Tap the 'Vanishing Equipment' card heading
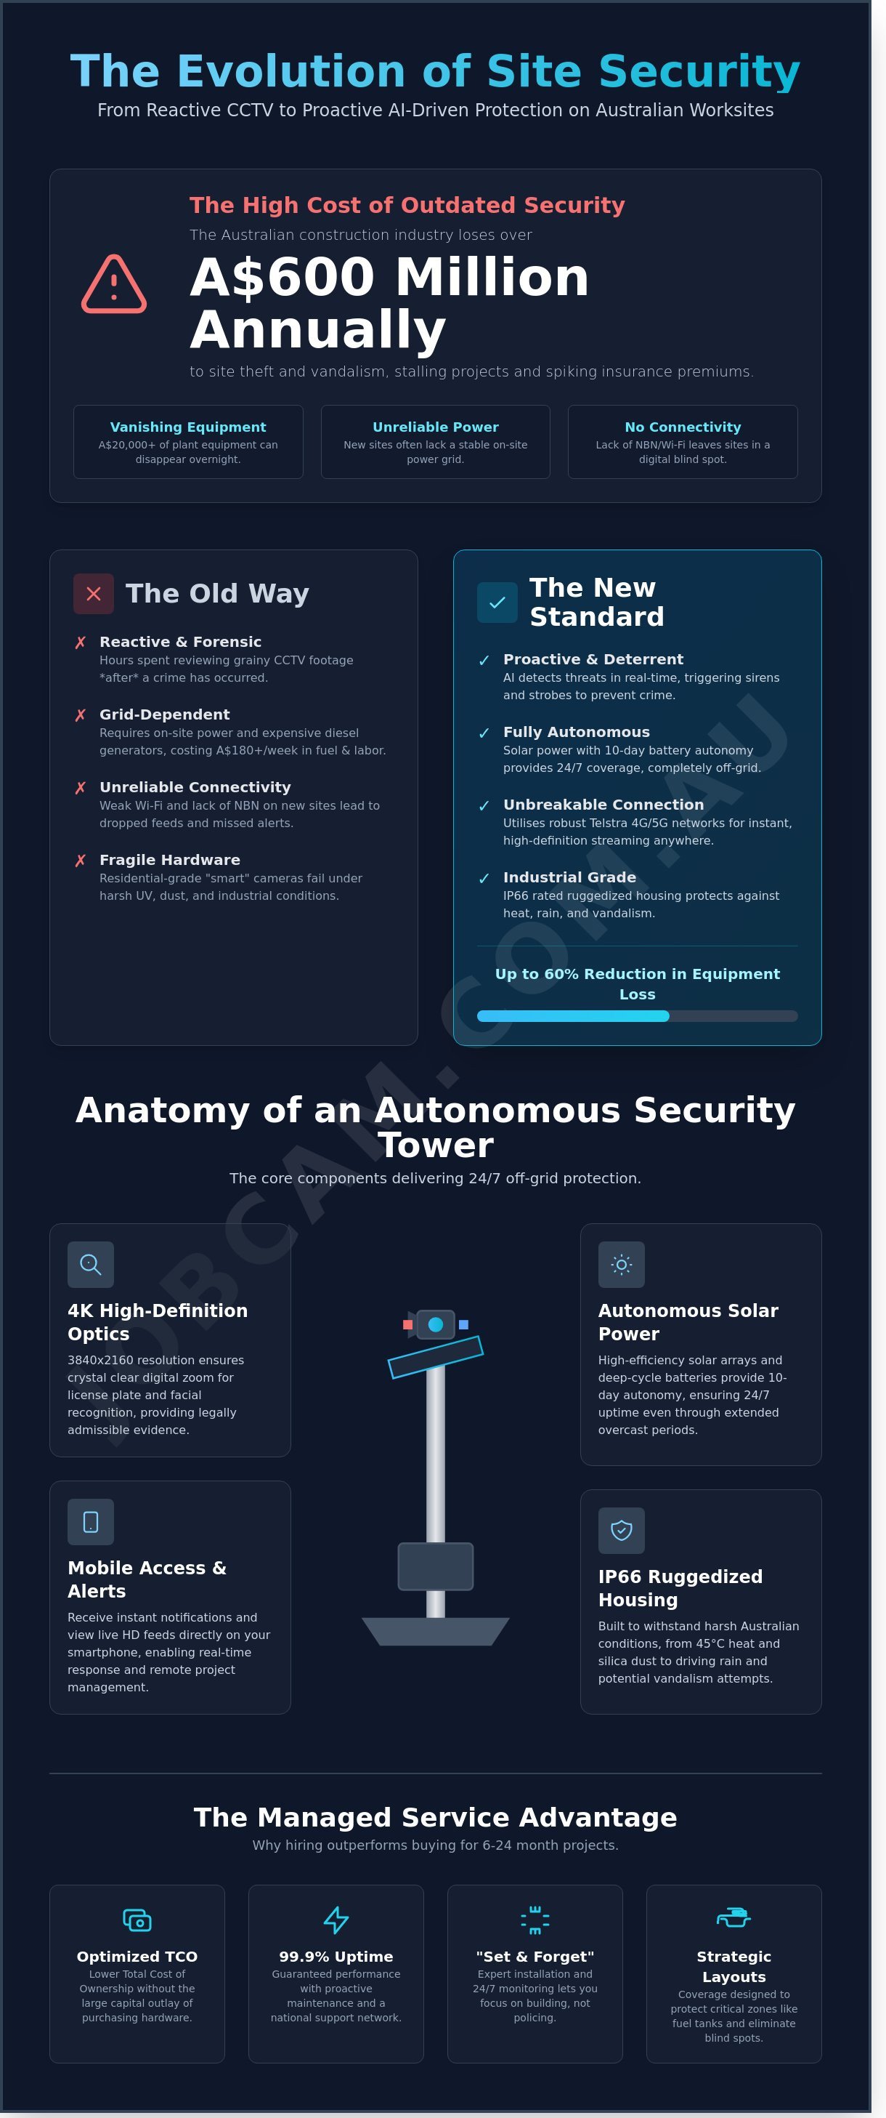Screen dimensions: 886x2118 point(188,427)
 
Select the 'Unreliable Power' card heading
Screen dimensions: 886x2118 point(436,427)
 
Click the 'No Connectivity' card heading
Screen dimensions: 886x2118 point(683,427)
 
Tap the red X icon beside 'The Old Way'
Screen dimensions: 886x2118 point(94,594)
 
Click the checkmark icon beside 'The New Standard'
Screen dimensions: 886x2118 point(497,603)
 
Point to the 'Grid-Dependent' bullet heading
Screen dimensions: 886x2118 point(164,714)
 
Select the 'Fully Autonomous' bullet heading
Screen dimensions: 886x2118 point(576,732)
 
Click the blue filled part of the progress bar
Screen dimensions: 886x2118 point(573,1016)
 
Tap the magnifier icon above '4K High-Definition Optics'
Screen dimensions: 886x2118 point(90,1265)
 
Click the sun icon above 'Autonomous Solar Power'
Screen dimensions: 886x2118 point(622,1265)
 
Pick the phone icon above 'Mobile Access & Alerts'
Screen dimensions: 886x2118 point(90,1522)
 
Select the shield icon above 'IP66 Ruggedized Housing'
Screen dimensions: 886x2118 point(622,1530)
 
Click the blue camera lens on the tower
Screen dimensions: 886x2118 point(436,1324)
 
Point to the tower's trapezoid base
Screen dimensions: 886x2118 point(436,1631)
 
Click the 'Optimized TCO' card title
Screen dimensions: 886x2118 point(137,1957)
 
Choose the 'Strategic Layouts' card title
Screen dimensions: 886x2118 point(734,1967)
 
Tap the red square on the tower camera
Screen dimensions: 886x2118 point(407,1324)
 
